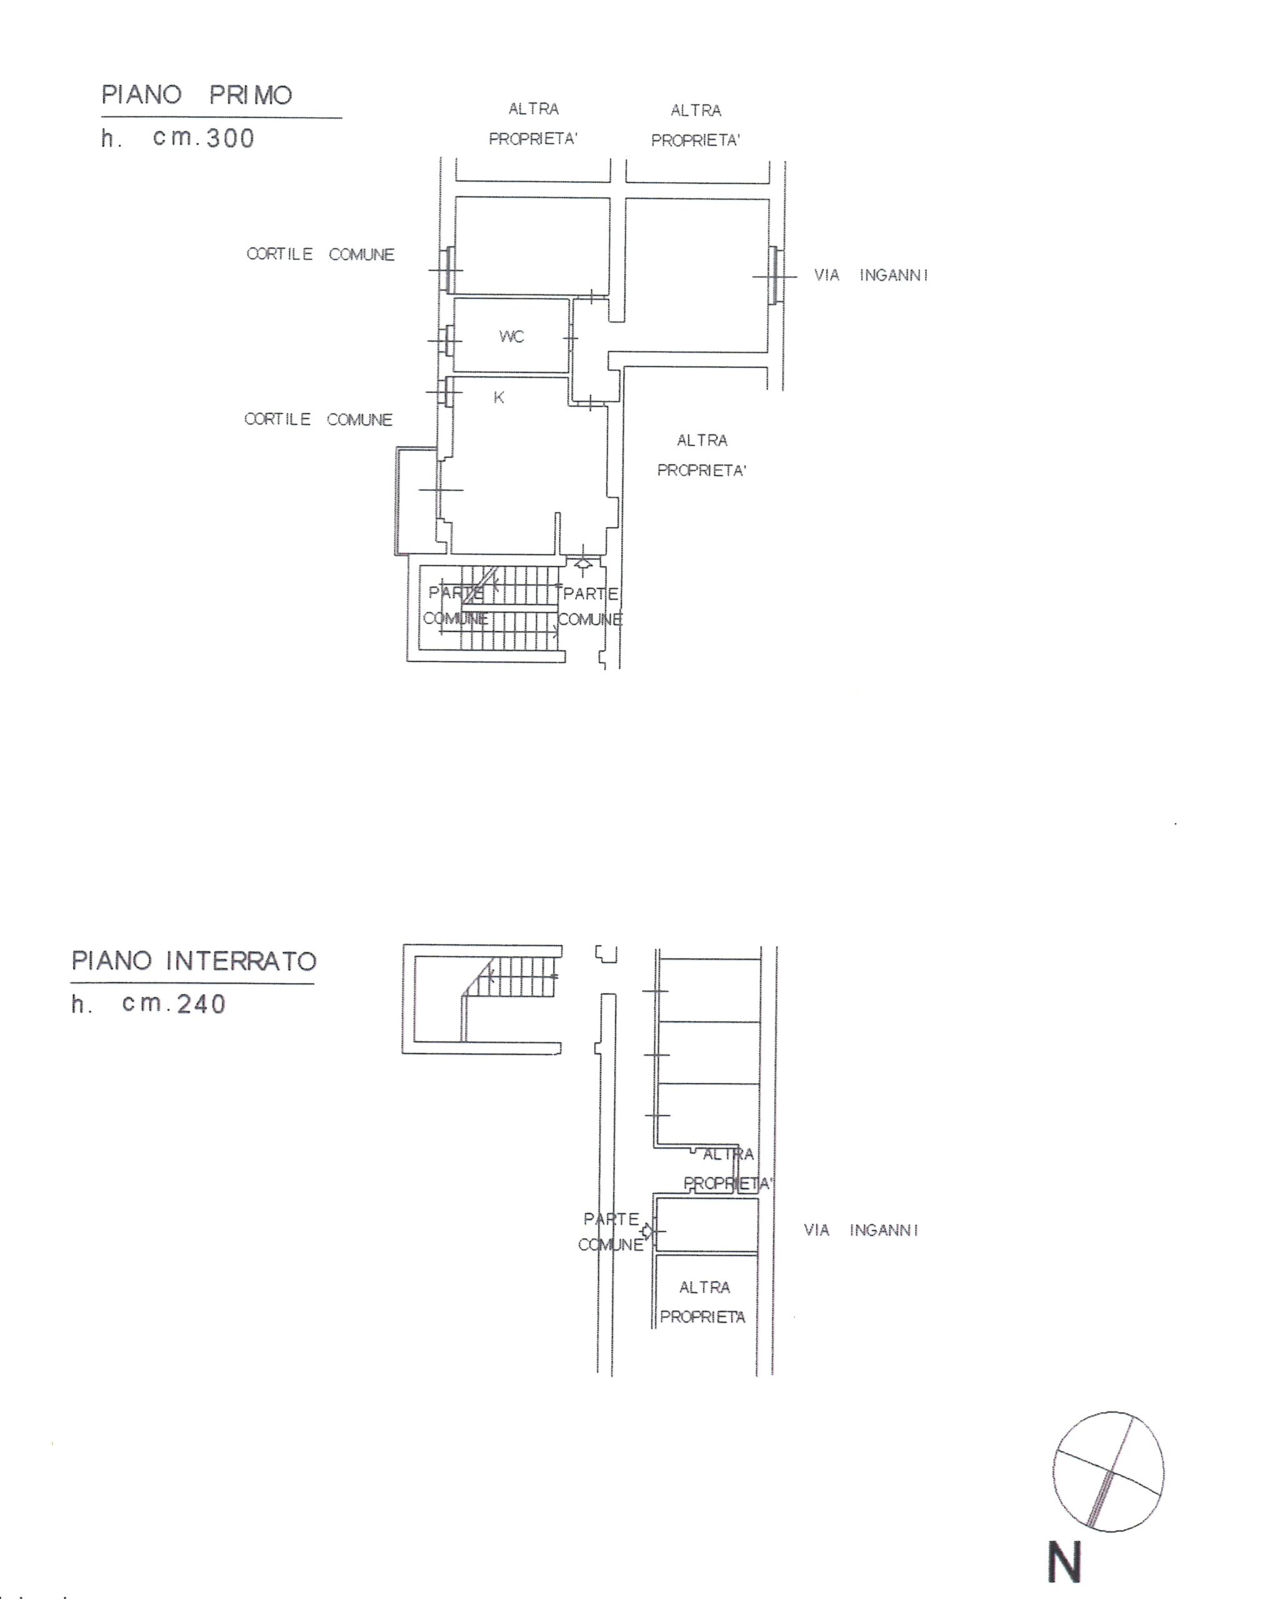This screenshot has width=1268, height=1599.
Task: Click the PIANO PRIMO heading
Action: click(x=197, y=95)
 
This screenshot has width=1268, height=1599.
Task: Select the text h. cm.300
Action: click(x=177, y=138)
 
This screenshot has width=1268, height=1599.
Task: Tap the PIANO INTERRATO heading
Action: click(x=194, y=961)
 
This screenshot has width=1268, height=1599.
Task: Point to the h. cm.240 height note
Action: click(x=148, y=1004)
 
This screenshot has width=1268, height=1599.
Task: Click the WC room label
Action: click(x=511, y=337)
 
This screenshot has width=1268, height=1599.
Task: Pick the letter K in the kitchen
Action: click(x=499, y=397)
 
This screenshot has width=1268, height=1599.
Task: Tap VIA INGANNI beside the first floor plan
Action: click(x=871, y=275)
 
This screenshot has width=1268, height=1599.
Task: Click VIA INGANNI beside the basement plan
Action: click(x=861, y=1230)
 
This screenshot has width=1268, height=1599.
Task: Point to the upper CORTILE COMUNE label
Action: click(x=320, y=254)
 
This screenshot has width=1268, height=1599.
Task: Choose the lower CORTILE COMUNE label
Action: click(x=317, y=419)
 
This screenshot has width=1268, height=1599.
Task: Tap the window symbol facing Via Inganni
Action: click(x=774, y=276)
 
